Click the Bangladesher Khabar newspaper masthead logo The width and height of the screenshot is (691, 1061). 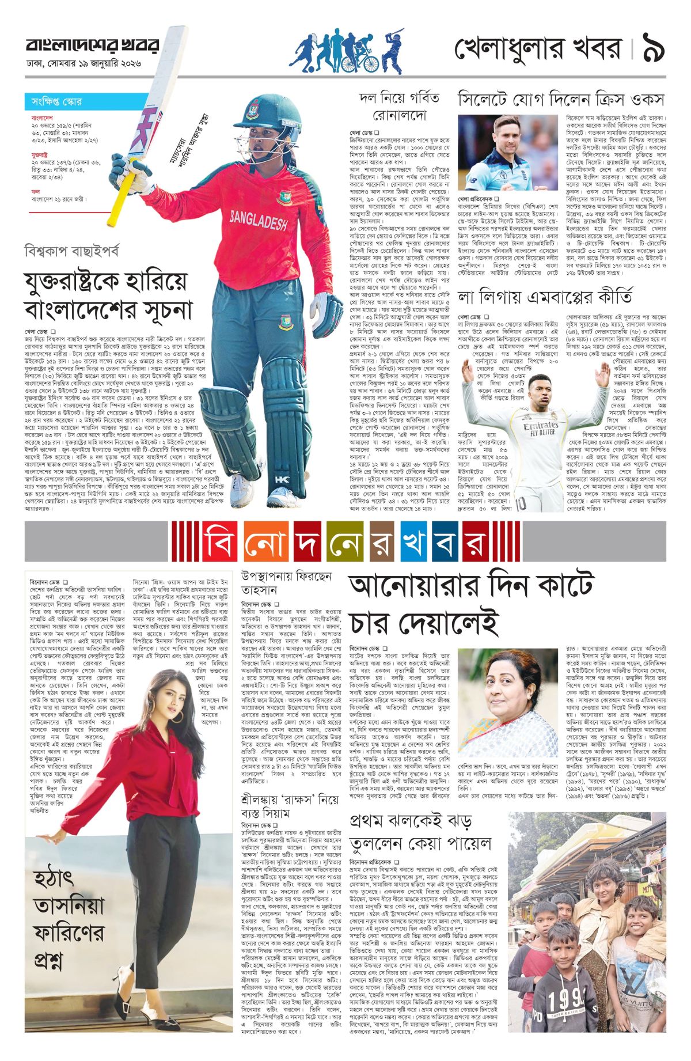[92, 46]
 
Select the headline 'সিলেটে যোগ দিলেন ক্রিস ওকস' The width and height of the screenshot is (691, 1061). [561, 99]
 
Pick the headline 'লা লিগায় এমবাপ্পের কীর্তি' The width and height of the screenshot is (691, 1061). [544, 297]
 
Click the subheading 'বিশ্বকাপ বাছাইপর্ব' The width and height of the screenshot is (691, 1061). [72, 251]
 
